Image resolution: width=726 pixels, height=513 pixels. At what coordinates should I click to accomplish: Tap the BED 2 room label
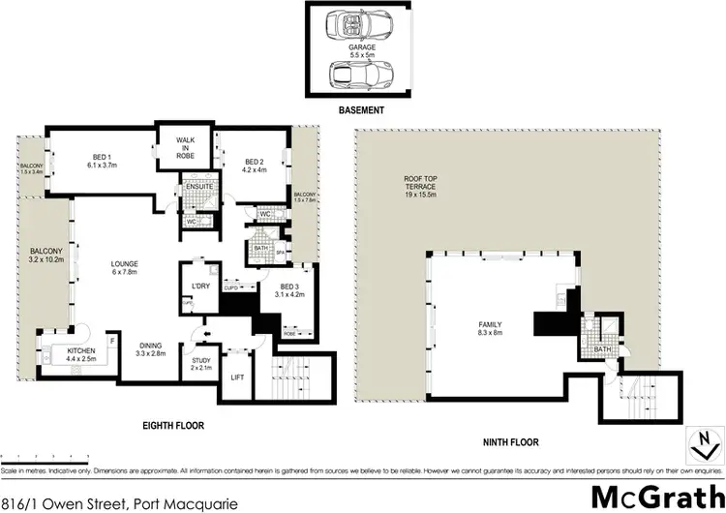click(254, 166)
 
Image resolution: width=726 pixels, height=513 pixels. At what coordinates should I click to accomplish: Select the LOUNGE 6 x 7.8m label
click(124, 269)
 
